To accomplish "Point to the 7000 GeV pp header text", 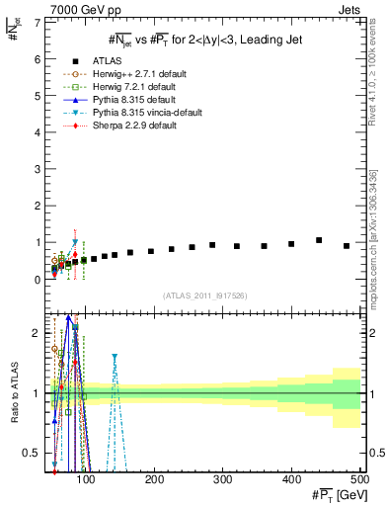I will (x=88, y=11).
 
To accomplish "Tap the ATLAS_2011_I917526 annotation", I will (x=205, y=295).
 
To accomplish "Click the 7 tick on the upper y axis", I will (x=39, y=23).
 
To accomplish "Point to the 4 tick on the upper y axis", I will (x=39, y=132).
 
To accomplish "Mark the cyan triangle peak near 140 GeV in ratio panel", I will (x=141, y=356).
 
